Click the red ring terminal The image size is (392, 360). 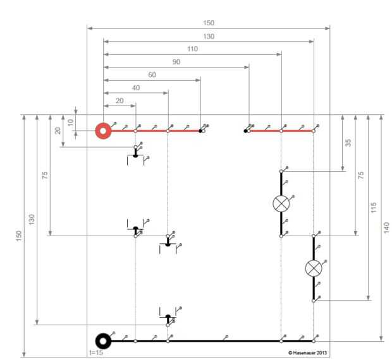[x=103, y=131]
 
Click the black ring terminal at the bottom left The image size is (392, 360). [x=103, y=341]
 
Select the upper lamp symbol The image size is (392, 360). [x=281, y=203]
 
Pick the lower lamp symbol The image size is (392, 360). [x=313, y=268]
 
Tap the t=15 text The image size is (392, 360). [x=96, y=352]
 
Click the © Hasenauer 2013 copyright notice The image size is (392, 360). [x=307, y=352]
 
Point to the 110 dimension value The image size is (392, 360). [x=192, y=49]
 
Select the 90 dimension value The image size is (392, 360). [x=176, y=62]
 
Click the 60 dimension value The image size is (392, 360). [x=152, y=75]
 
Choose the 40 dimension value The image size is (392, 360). [x=136, y=88]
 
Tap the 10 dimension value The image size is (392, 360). [x=71, y=123]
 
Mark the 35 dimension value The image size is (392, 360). [x=348, y=143]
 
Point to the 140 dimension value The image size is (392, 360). [x=386, y=227]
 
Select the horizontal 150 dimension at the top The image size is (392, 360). [x=208, y=23]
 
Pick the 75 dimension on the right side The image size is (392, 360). [x=360, y=175]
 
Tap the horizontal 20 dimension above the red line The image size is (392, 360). [x=119, y=101]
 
